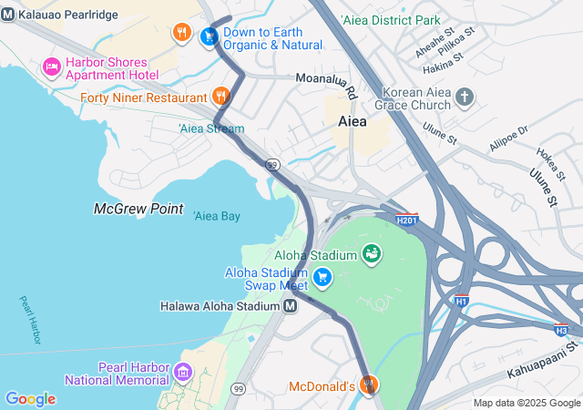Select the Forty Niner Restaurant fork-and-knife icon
tap(220, 97)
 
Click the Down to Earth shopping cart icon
tap(209, 36)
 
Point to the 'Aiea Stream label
tap(211, 128)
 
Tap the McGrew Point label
tap(138, 209)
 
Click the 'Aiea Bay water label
tap(217, 216)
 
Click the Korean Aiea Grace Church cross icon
tap(465, 97)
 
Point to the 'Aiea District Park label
tap(390, 20)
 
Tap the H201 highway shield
tap(407, 219)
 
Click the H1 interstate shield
tap(462, 301)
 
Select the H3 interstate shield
tap(562, 330)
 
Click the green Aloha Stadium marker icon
tap(371, 252)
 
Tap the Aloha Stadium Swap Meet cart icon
tap(321, 276)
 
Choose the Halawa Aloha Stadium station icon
tap(290, 306)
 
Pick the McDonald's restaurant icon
tap(368, 385)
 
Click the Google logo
tap(30, 399)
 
